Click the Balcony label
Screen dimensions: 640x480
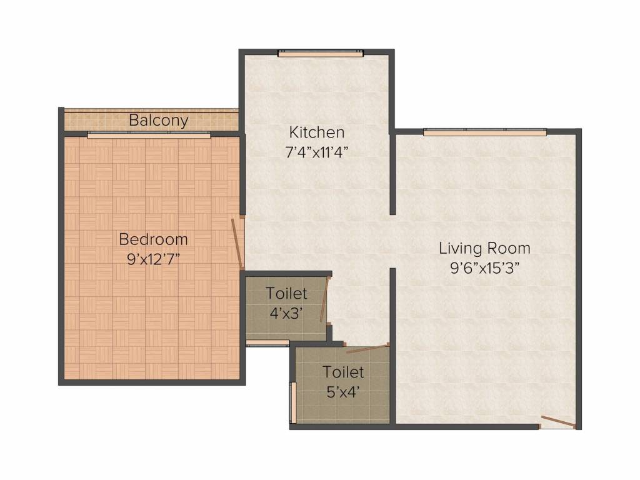pyautogui.click(x=158, y=121)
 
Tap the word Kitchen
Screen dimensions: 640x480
pyautogui.click(x=317, y=132)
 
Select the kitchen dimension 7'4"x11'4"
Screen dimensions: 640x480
pyautogui.click(x=317, y=152)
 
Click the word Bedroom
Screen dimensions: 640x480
pyautogui.click(x=154, y=239)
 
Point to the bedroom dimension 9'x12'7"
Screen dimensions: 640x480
pyautogui.click(x=154, y=259)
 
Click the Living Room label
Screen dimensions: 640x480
pyautogui.click(x=484, y=249)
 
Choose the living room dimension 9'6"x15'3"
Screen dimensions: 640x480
pyautogui.click(x=484, y=268)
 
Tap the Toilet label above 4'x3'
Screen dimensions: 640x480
pyautogui.click(x=286, y=294)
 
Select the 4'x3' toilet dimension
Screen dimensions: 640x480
pyautogui.click(x=286, y=314)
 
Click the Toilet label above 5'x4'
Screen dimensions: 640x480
pyautogui.click(x=343, y=372)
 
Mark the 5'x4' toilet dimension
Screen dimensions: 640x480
pyautogui.click(x=343, y=392)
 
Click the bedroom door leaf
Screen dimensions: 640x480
pyautogui.click(x=237, y=243)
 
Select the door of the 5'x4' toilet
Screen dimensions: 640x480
pyautogui.click(x=367, y=348)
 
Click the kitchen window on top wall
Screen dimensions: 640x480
pyautogui.click(x=321, y=53)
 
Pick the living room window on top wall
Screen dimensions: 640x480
pyautogui.click(x=485, y=132)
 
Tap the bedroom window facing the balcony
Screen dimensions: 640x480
pyautogui.click(x=149, y=135)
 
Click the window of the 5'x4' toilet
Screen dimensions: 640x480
pyautogui.click(x=292, y=403)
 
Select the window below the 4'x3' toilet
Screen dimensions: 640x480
pyautogui.click(x=267, y=343)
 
